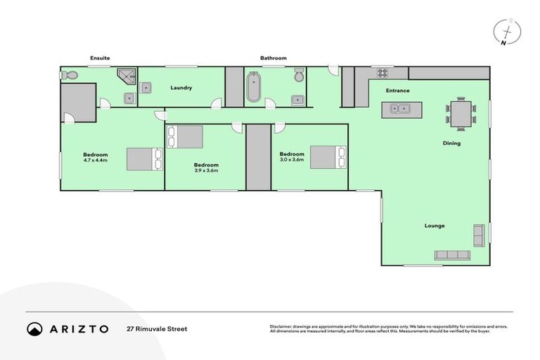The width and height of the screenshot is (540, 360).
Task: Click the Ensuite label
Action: tap(100, 58)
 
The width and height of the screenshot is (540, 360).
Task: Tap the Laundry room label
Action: tap(181, 88)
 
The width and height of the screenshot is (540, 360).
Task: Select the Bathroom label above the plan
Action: tap(273, 58)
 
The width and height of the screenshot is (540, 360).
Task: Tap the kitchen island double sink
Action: tap(400, 109)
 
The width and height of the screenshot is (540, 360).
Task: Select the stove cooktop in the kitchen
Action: tap(384, 72)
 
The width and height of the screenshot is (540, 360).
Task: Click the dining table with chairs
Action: tap(461, 113)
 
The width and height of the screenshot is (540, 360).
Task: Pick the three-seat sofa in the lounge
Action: tap(454, 255)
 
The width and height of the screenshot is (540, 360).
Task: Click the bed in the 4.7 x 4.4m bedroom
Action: tap(144, 160)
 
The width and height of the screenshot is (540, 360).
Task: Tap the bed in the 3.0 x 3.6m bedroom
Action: tap(328, 156)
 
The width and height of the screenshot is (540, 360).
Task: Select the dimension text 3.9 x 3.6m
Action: tap(206, 171)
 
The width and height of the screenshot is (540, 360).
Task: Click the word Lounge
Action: tap(434, 226)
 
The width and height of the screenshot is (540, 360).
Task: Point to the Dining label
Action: tap(451, 143)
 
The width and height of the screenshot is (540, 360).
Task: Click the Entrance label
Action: tap(397, 91)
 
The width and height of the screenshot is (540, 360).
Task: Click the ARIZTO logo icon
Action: tap(35, 329)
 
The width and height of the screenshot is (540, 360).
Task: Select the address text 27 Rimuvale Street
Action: tap(157, 329)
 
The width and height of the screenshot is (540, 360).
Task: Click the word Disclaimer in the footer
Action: tap(282, 326)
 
